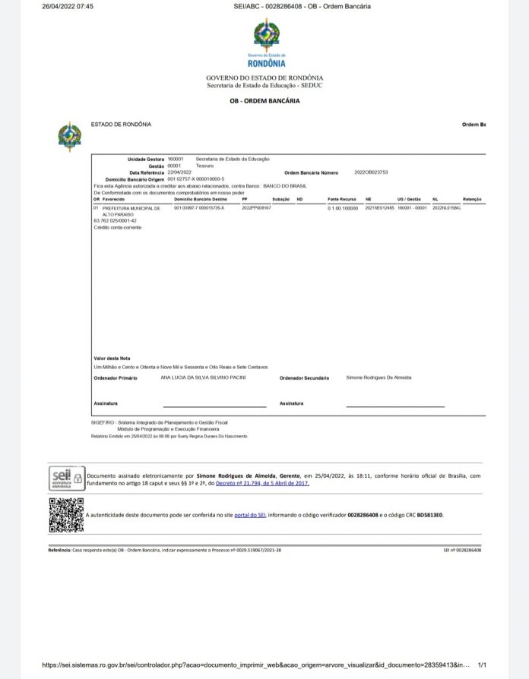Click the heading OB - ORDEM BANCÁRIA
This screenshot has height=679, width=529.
tap(264, 101)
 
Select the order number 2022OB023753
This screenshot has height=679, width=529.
tap(371, 172)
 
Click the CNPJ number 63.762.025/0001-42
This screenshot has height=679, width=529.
tap(116, 221)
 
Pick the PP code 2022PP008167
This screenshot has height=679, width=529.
tap(256, 207)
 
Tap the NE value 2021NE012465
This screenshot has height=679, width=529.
tap(379, 207)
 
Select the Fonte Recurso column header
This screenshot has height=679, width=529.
tap(341, 199)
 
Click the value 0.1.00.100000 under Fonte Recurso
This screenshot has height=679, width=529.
tap(342, 207)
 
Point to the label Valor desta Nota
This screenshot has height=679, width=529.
tap(112, 358)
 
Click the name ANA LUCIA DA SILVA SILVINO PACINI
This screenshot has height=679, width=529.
tap(204, 377)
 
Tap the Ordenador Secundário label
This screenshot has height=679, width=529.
tap(304, 377)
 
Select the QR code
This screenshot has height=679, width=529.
tap(65, 514)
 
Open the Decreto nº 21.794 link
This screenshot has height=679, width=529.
tap(263, 482)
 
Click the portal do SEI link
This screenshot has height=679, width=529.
tap(249, 515)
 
